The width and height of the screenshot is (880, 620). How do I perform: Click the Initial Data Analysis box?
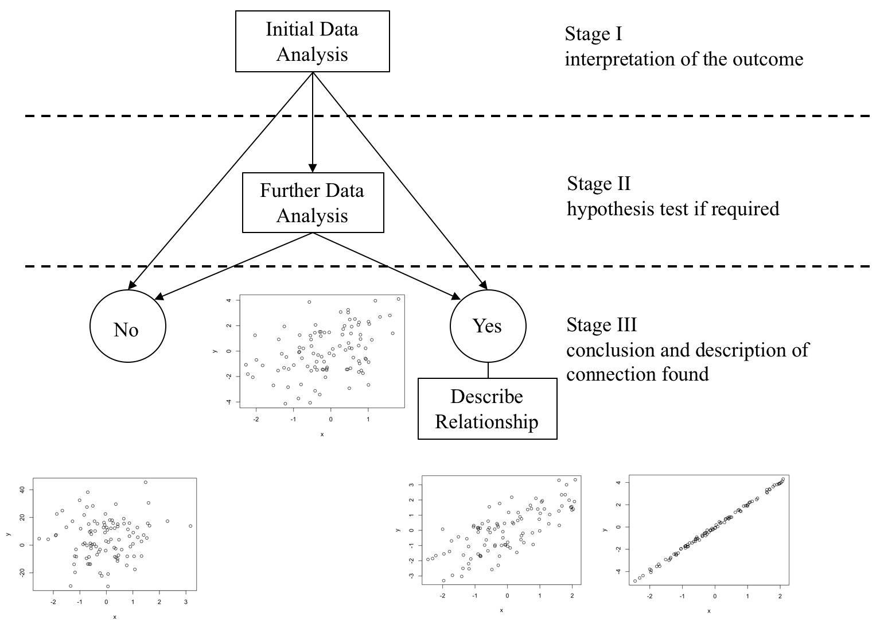tap(312, 41)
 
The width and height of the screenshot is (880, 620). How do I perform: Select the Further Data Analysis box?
tap(313, 203)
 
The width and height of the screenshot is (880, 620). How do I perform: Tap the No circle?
tap(127, 326)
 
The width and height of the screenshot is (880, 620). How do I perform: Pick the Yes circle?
tap(488, 325)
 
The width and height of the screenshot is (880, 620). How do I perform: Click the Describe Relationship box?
tap(487, 409)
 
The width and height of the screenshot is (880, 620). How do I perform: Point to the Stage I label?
tap(593, 34)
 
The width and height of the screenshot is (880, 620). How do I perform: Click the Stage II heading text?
tap(598, 184)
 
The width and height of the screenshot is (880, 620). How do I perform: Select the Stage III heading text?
tap(601, 325)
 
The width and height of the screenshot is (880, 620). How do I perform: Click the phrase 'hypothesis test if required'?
tap(673, 208)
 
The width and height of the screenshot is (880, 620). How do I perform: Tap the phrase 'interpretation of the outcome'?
tap(684, 59)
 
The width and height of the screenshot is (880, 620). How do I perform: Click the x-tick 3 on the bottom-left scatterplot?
tap(185, 602)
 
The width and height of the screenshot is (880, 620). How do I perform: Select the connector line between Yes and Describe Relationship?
tap(488, 370)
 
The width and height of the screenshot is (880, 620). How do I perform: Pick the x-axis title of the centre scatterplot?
tap(322, 435)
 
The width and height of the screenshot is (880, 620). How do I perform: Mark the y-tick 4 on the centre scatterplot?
tap(229, 300)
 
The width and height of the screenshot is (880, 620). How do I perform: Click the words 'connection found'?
tap(637, 374)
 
